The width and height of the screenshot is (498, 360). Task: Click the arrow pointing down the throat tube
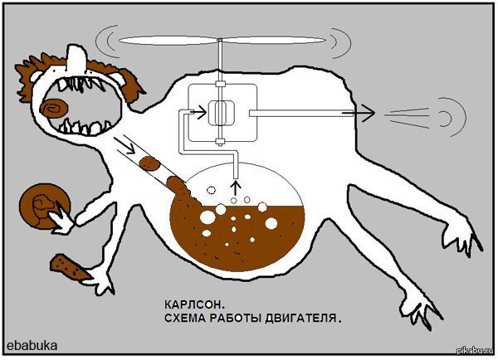(x=129, y=149)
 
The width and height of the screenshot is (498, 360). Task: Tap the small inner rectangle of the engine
(x=221, y=111)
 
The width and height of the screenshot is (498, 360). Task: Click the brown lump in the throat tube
(x=151, y=163)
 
